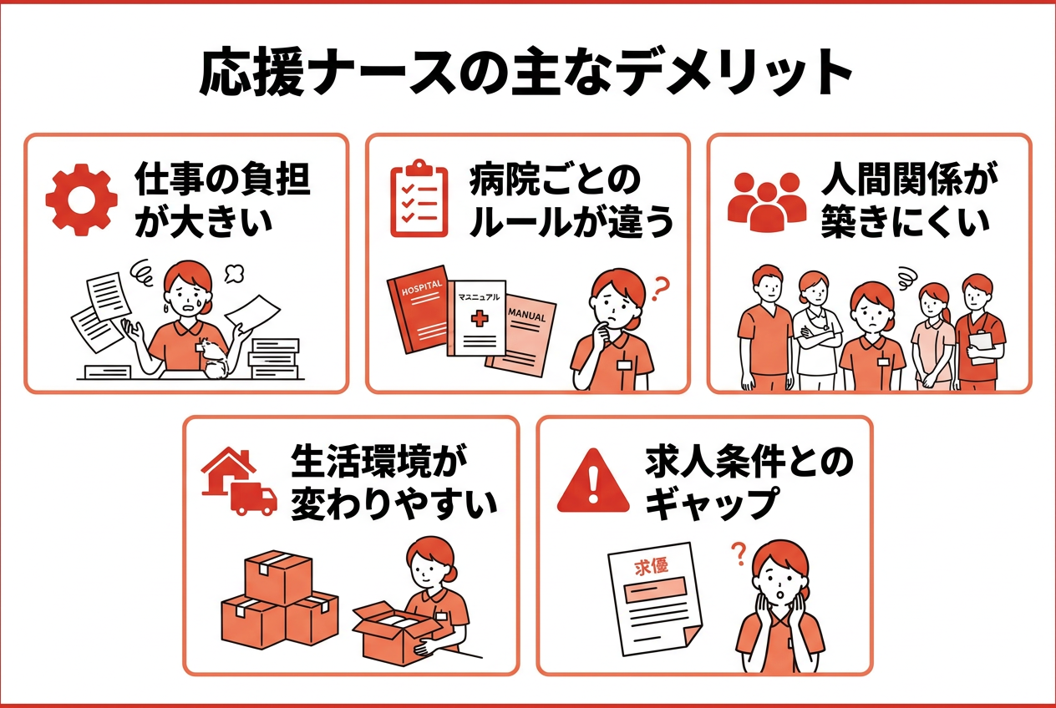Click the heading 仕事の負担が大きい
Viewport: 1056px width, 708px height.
coord(221,200)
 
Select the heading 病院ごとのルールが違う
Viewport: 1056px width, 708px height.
coord(571,200)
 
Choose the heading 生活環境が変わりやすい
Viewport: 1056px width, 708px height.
coord(393,483)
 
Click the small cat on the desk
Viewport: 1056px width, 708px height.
coord(216,358)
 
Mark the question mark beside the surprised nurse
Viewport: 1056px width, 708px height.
coord(738,550)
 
